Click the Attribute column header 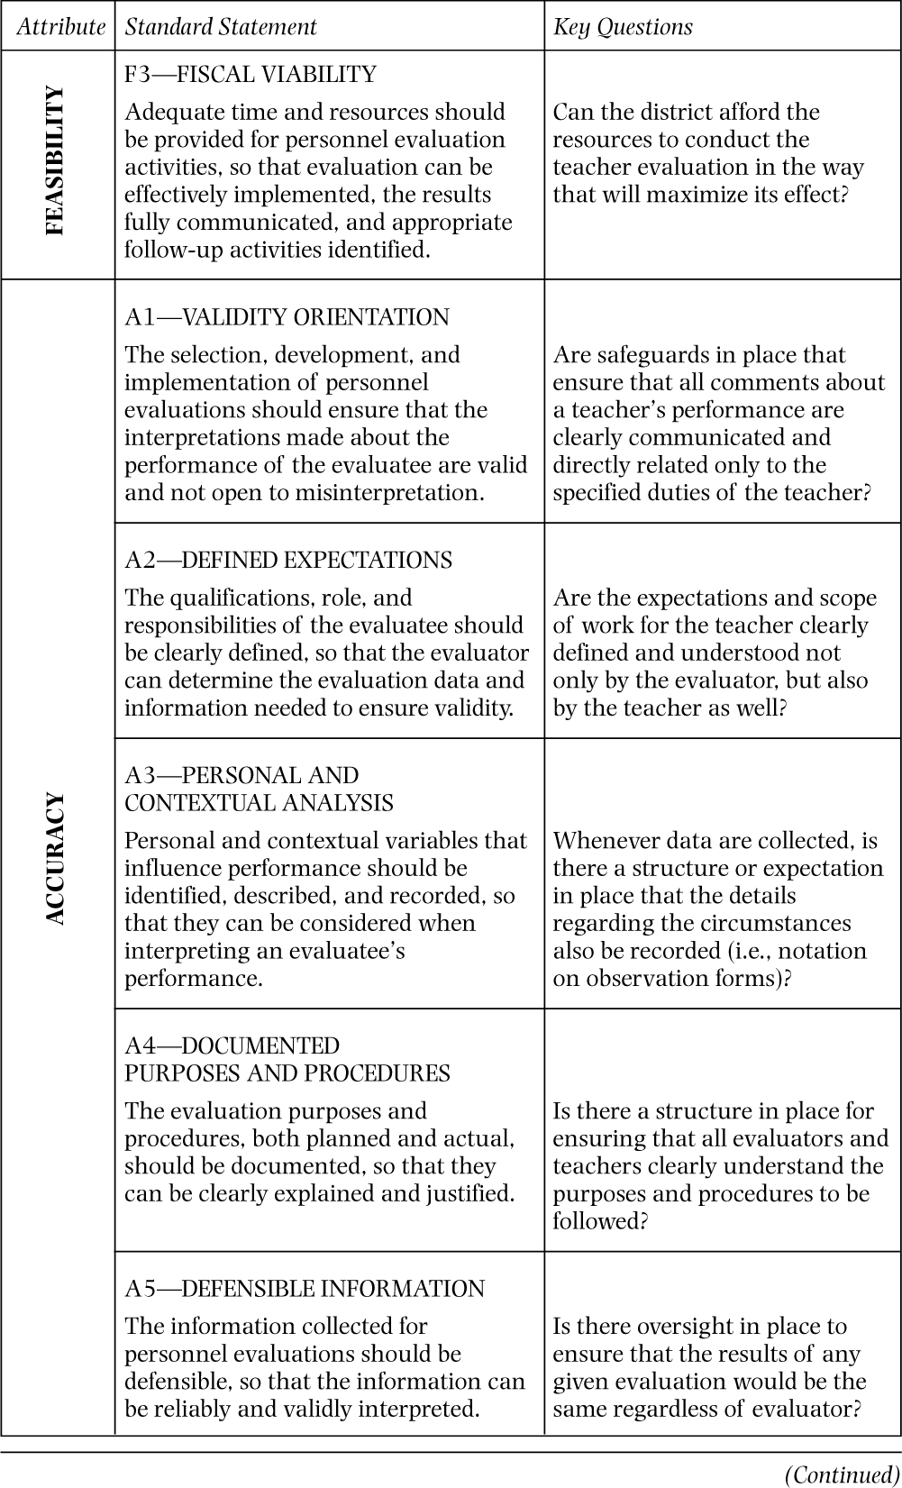click(60, 27)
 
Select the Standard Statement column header click(221, 27)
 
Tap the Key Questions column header click(623, 27)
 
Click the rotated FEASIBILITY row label click(56, 161)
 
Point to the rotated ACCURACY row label click(56, 858)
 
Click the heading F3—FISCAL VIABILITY click(251, 74)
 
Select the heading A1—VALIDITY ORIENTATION click(287, 317)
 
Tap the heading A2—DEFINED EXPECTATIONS click(288, 560)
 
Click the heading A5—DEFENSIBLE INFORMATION click(305, 1289)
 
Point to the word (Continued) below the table click(843, 1474)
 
